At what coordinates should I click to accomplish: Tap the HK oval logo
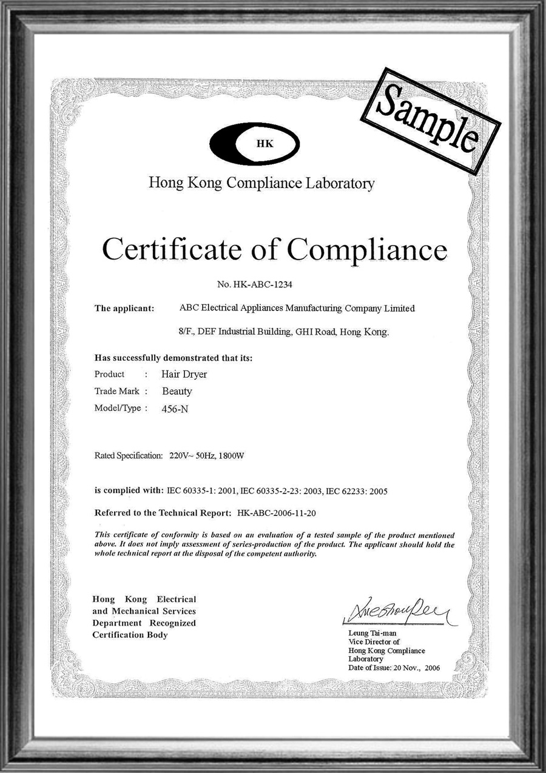(x=255, y=144)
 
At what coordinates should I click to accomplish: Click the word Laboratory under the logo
(x=340, y=183)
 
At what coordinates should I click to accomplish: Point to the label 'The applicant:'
(x=124, y=308)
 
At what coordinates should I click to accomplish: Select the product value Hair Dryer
(x=184, y=374)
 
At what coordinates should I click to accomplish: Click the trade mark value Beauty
(x=177, y=391)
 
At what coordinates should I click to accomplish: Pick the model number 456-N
(x=175, y=409)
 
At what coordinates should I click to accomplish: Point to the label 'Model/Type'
(x=118, y=408)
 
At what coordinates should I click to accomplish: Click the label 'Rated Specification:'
(x=129, y=455)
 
